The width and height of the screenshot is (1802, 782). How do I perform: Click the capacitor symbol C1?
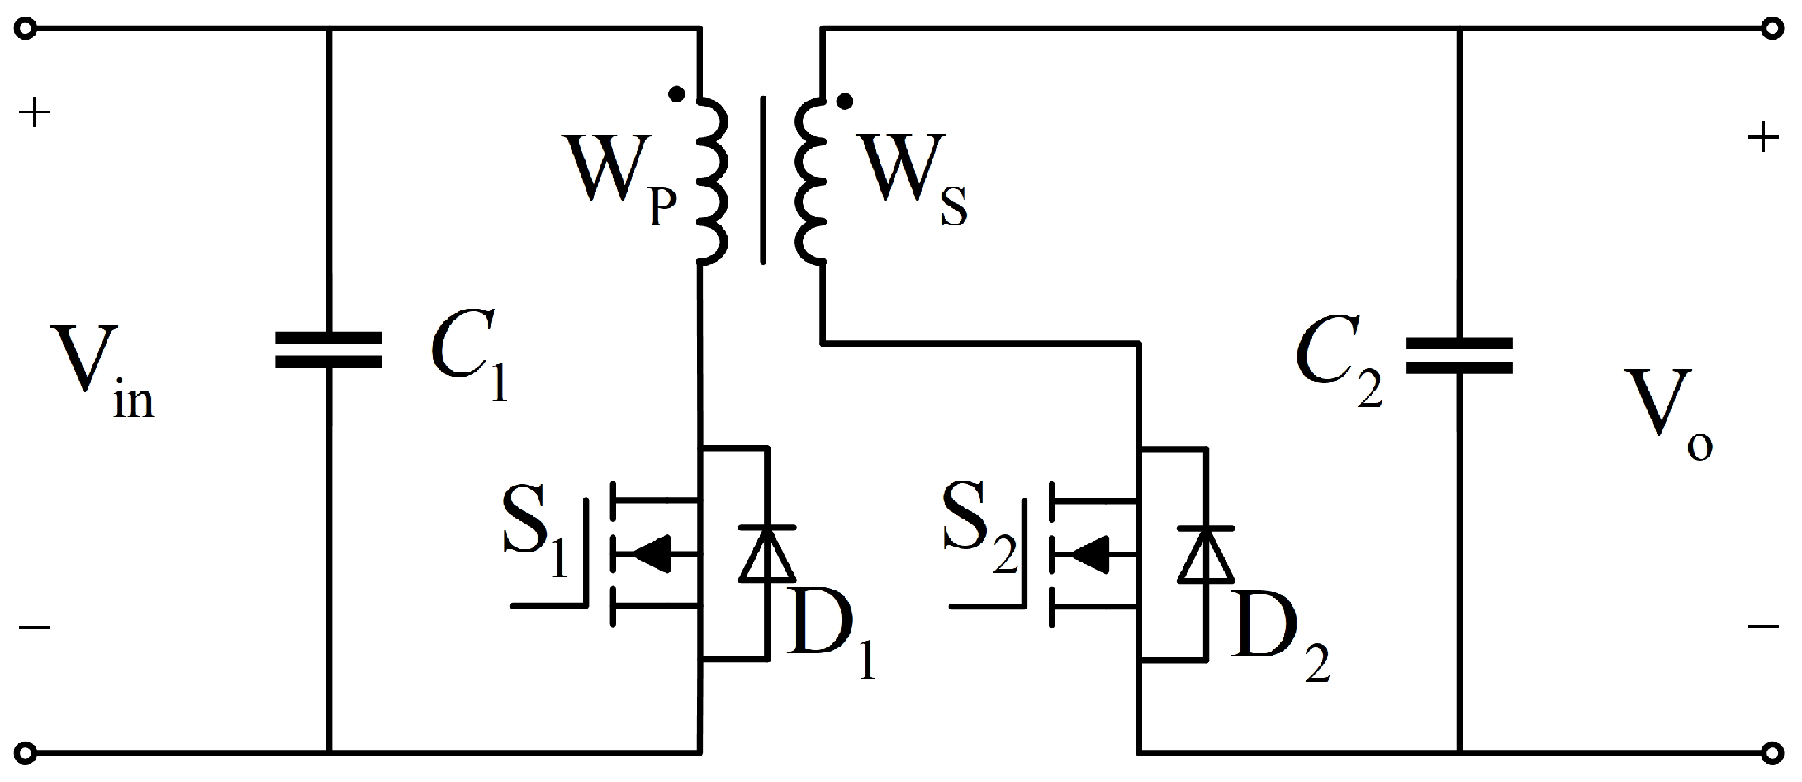coord(328,350)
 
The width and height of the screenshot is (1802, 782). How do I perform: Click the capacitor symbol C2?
coord(1458,356)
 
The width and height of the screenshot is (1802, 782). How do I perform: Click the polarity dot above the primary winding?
coord(676,94)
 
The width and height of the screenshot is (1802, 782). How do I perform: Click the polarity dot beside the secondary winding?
coord(844,102)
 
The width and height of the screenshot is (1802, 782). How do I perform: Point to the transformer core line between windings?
coord(762,180)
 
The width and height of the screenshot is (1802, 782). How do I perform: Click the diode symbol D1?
coord(767,553)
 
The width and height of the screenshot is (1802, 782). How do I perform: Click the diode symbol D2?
coord(1207,553)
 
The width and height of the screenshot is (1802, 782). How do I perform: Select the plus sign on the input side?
coord(34,113)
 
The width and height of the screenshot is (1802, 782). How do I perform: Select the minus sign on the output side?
coord(1763,626)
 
